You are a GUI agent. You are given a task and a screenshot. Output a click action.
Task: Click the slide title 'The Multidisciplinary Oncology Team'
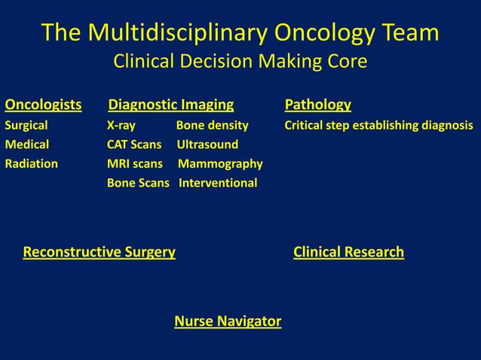240,32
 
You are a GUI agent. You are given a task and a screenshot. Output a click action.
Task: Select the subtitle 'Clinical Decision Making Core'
240,62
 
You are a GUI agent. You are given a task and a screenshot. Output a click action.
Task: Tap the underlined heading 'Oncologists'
43,104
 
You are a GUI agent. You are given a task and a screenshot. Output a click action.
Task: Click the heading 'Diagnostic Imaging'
171,104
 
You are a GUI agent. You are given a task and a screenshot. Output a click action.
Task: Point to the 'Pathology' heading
317,104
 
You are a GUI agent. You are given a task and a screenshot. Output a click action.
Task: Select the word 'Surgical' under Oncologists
26,125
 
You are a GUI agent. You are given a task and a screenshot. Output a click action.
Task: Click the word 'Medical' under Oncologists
27,144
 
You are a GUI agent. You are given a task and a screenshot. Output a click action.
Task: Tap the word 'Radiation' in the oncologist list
32,163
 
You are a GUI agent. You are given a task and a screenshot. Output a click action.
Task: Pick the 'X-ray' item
121,125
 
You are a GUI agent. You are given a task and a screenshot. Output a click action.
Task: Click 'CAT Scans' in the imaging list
134,144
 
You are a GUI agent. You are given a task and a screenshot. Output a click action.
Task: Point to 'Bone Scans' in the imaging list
138,183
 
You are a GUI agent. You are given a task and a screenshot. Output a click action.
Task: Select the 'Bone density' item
212,125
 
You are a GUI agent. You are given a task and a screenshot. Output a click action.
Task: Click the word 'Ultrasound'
207,144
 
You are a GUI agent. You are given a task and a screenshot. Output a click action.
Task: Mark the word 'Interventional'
217,183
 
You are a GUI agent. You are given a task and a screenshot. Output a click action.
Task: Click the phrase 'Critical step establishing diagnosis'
378,125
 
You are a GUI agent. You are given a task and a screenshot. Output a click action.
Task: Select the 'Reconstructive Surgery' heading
100,252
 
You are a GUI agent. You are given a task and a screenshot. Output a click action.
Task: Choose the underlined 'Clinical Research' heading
348,252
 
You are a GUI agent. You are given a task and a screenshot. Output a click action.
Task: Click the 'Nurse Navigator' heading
228,322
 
